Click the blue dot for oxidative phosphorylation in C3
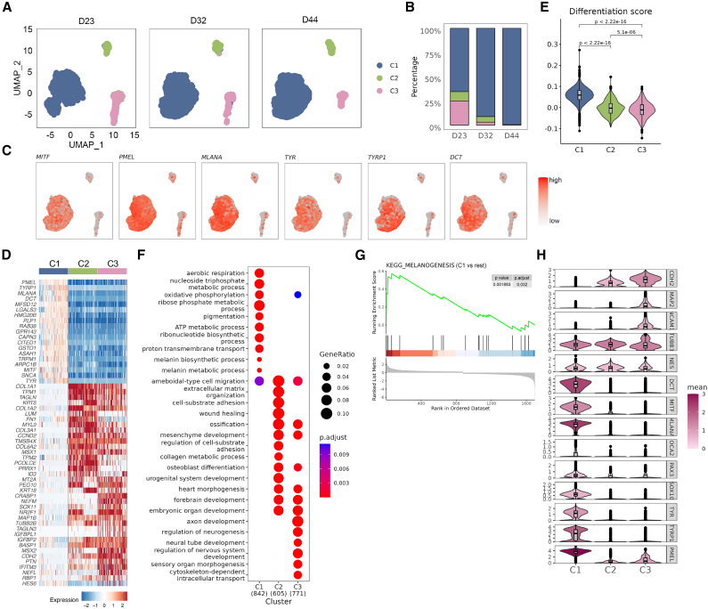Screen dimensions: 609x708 [300, 293]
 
